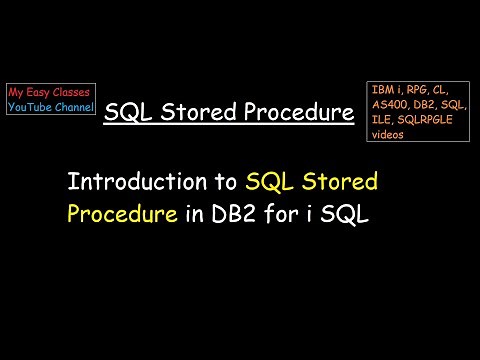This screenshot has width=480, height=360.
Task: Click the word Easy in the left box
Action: coord(39,92)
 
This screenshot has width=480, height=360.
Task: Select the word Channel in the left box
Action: coord(75,106)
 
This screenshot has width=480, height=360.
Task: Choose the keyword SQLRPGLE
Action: coord(427,120)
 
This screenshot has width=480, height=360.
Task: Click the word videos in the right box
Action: coord(388,134)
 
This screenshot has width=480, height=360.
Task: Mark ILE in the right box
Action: coord(382,120)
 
